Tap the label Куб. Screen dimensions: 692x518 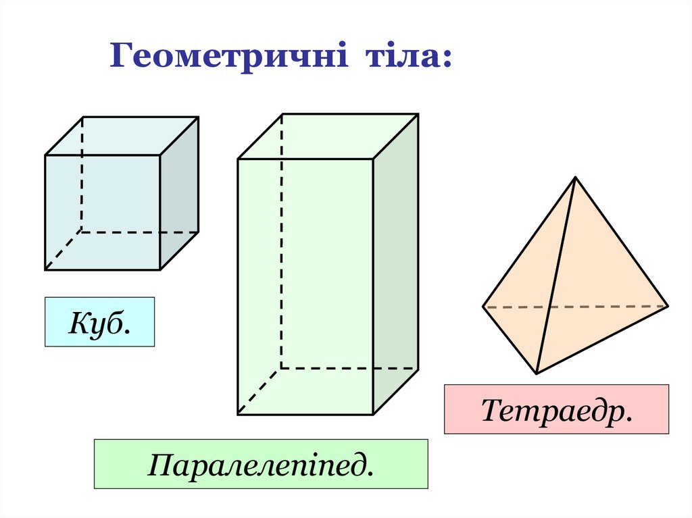(99, 322)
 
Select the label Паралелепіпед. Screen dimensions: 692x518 (260, 464)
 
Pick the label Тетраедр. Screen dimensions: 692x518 (555, 409)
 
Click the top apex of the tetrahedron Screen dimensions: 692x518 (575, 177)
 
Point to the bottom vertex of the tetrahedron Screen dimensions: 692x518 (537, 373)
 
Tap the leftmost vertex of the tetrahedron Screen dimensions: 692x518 (483, 307)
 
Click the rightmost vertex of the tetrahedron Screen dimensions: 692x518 (668, 306)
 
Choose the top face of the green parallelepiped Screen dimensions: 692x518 (328, 136)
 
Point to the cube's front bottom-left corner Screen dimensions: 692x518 (45, 270)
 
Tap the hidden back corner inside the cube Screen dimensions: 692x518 (82, 232)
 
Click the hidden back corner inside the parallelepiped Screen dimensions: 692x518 (281, 368)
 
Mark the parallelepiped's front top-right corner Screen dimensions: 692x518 (373, 159)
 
